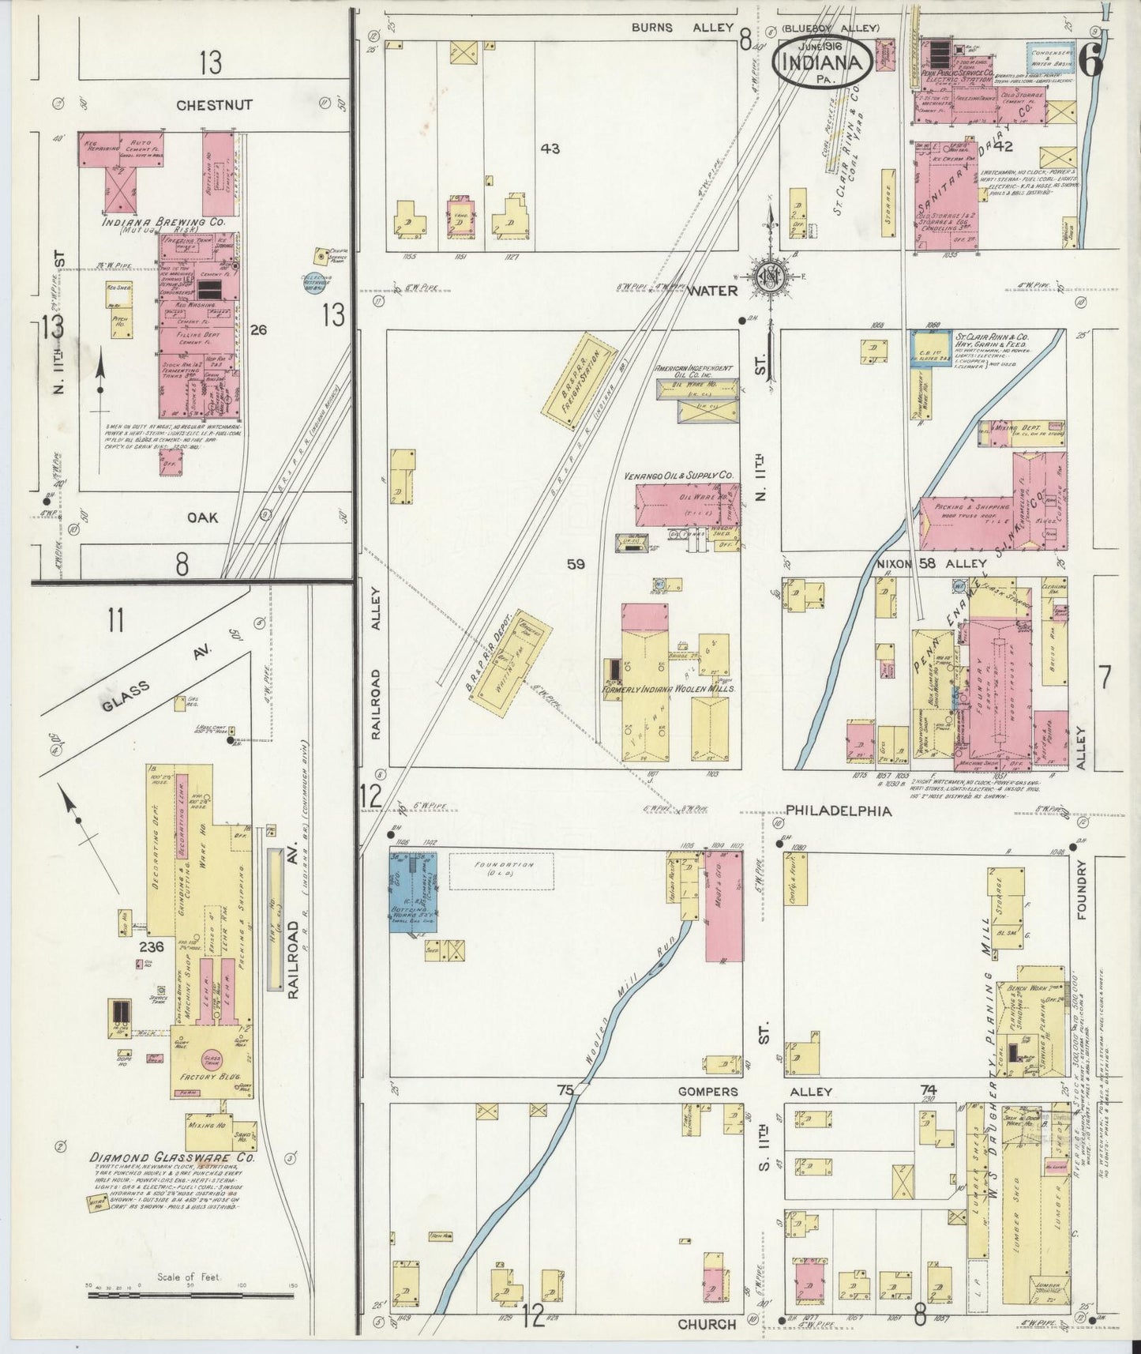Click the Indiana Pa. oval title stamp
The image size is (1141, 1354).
click(822, 59)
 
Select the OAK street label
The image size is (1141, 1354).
click(203, 517)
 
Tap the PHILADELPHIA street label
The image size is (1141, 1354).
click(839, 811)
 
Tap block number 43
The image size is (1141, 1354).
click(550, 148)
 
